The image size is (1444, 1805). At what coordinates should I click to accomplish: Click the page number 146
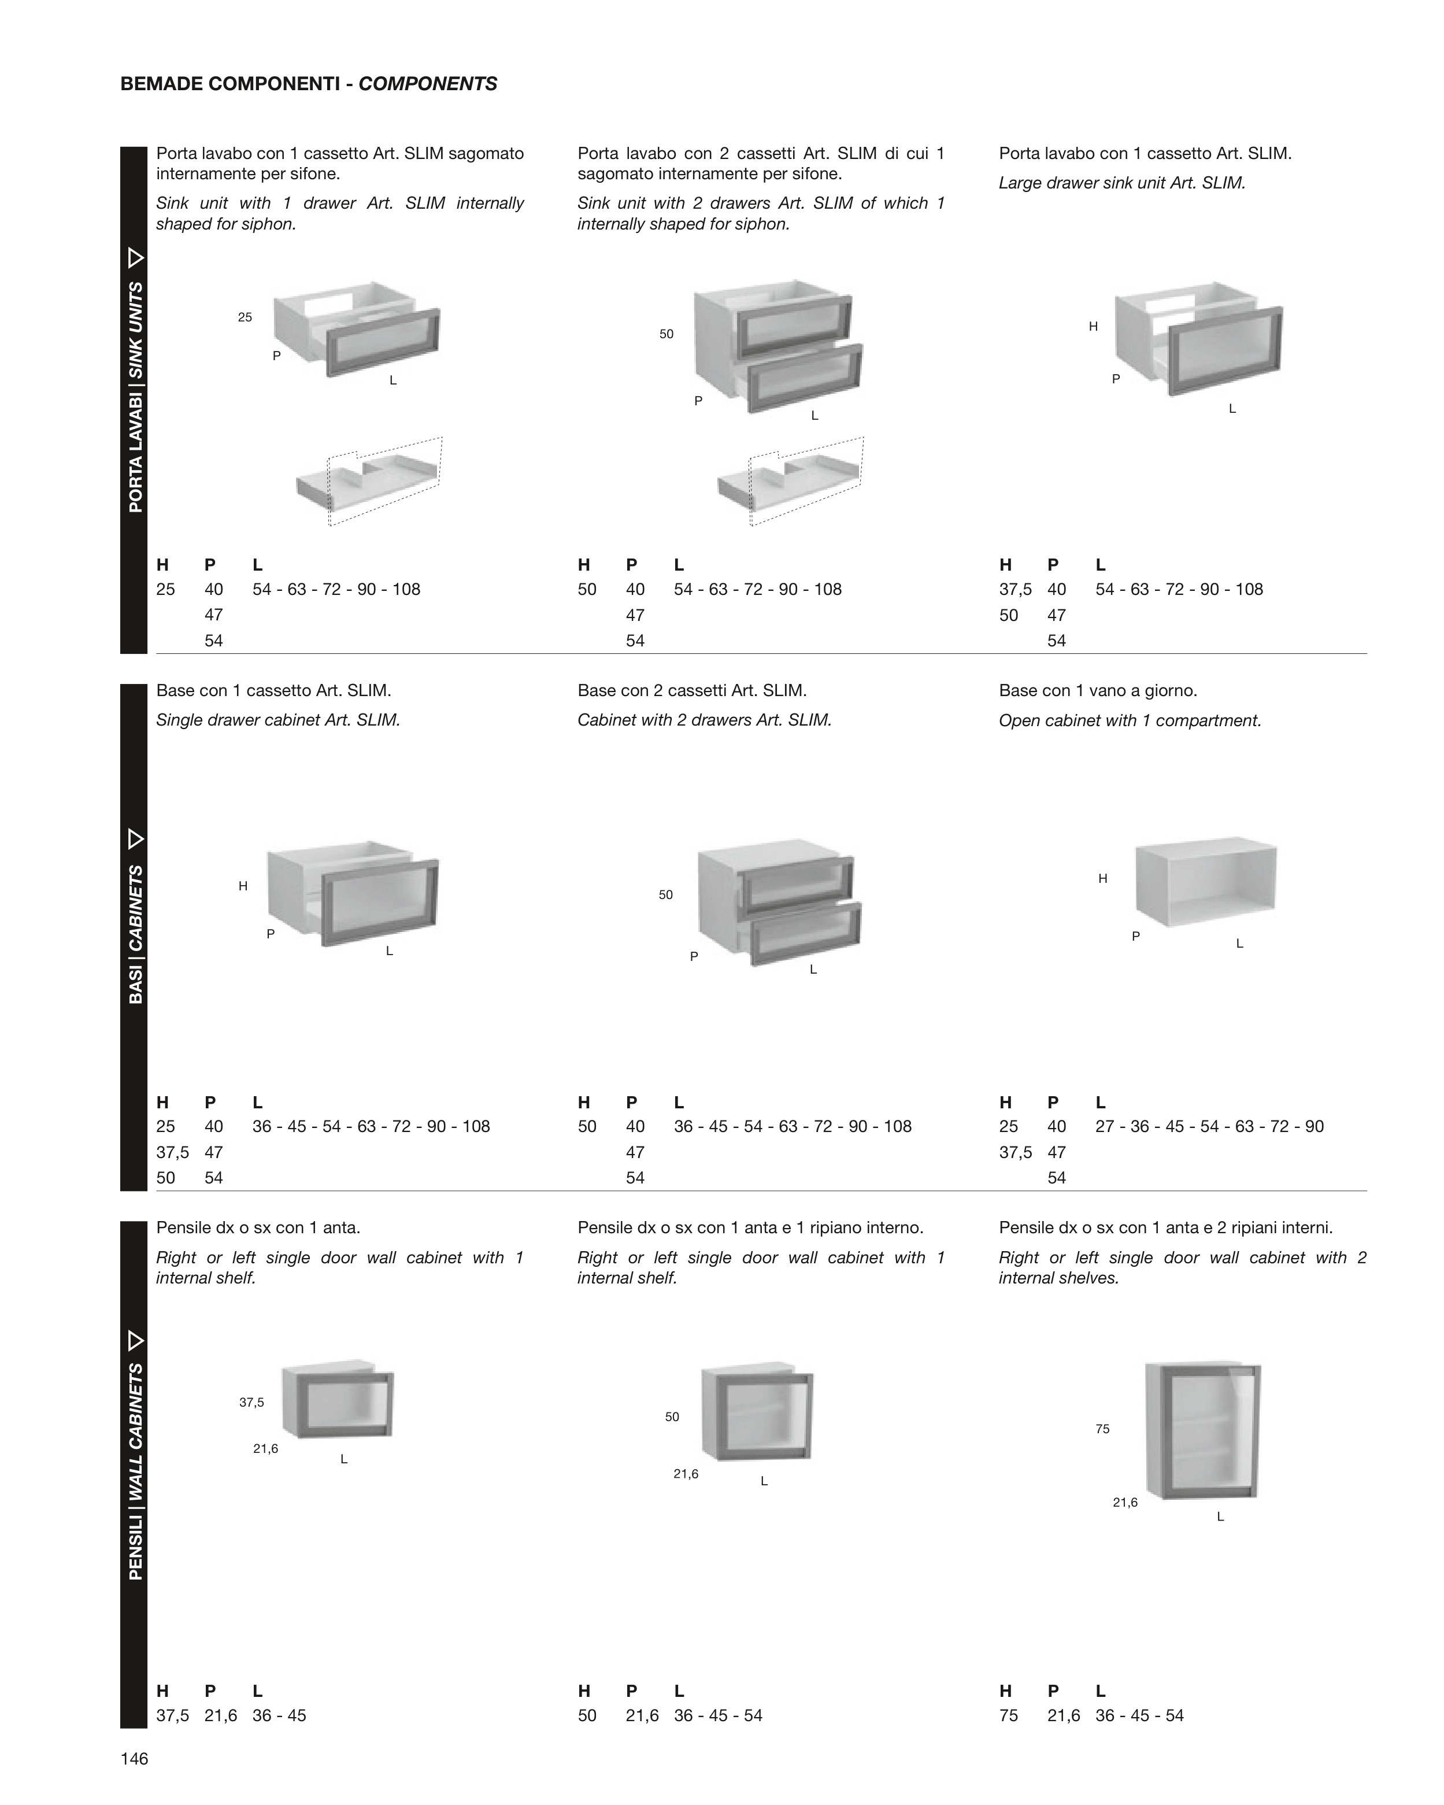[x=134, y=1759]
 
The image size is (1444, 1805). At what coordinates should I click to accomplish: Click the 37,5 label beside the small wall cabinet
[x=251, y=1402]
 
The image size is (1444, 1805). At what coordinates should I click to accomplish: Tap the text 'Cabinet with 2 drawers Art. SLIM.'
[x=705, y=720]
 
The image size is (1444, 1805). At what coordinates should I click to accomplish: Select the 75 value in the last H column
[x=1009, y=1715]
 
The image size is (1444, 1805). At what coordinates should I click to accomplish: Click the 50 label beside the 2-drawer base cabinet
[x=665, y=895]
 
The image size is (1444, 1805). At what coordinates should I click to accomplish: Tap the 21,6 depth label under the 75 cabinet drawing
[x=1125, y=1503]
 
